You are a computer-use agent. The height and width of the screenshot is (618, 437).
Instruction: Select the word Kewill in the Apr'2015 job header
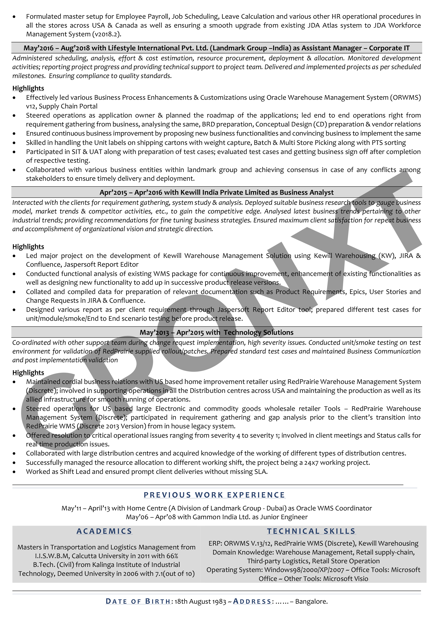190,192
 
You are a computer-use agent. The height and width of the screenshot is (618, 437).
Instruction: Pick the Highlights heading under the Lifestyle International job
28,88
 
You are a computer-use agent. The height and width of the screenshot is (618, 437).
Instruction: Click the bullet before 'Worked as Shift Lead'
14,472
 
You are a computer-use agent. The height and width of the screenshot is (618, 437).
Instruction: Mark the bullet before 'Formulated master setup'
14,17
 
